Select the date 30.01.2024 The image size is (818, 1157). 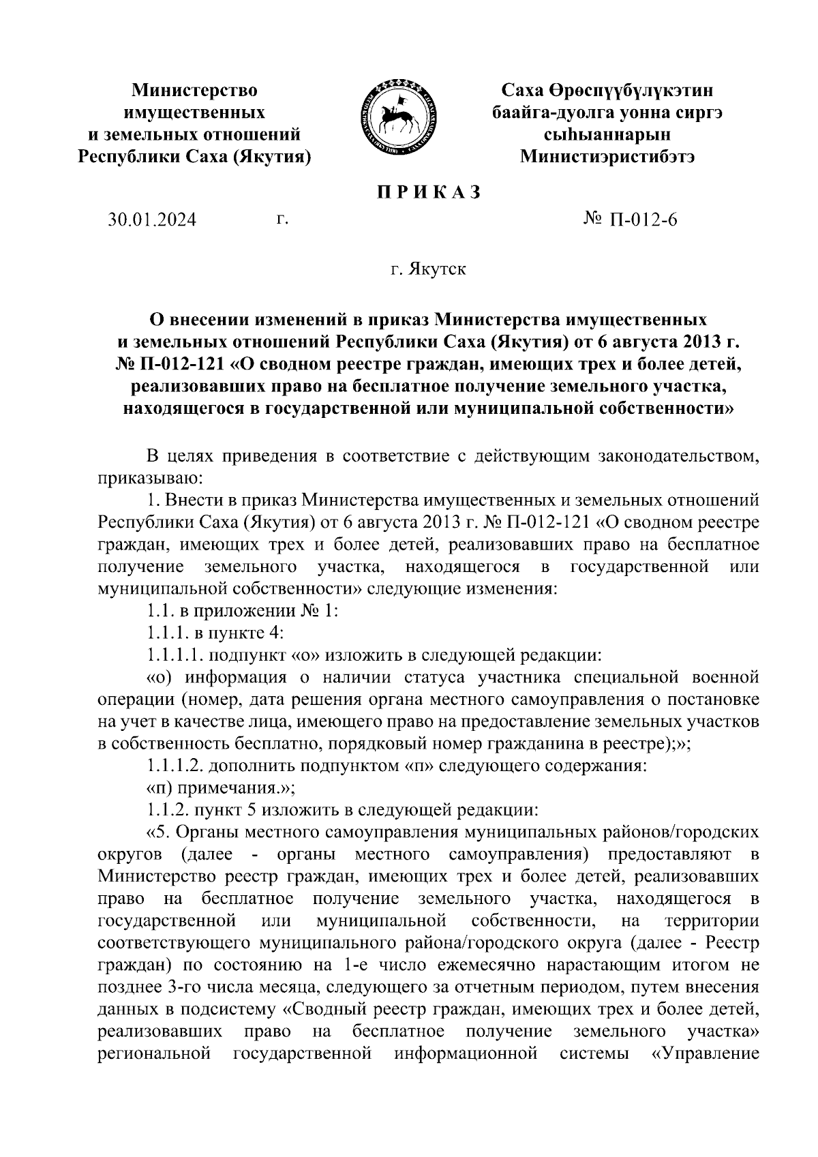(152, 220)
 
